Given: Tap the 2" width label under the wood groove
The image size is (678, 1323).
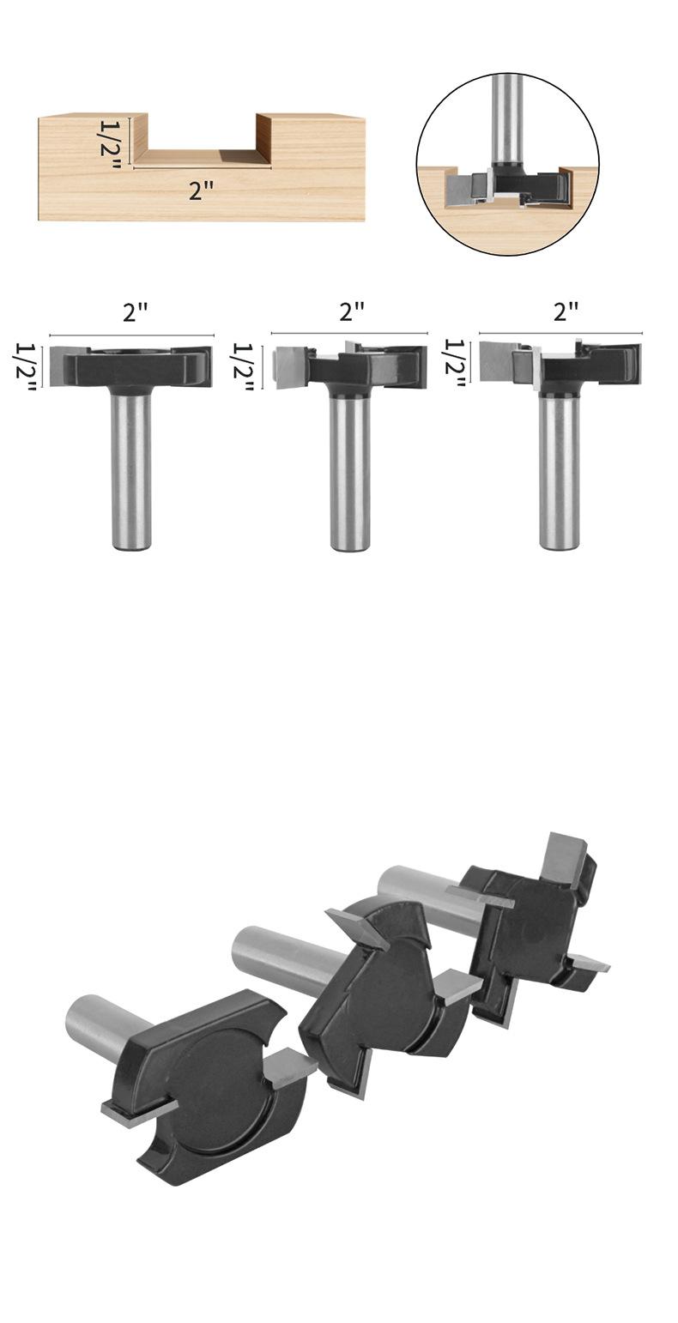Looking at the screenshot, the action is [201, 190].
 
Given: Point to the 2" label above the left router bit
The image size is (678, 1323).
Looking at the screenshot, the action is [134, 313].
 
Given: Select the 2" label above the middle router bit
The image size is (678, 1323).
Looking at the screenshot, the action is [352, 311].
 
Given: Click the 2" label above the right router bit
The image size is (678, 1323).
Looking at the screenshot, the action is [566, 311].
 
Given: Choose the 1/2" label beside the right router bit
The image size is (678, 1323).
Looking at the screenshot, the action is [456, 364].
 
